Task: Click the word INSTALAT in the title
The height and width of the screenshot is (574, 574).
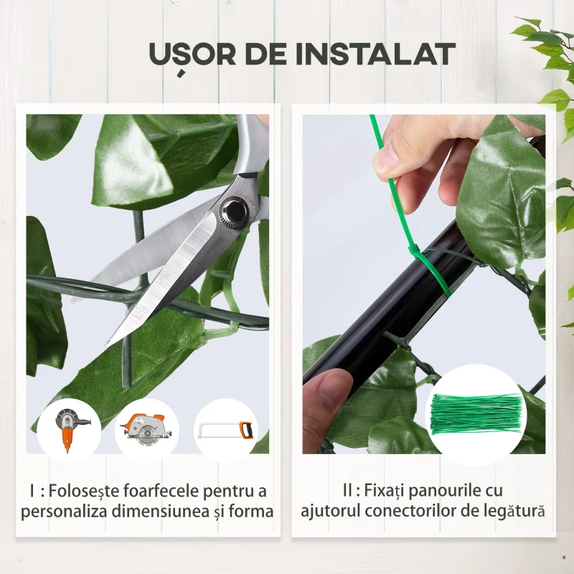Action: [378, 55]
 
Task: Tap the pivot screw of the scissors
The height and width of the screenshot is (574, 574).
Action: [234, 210]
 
